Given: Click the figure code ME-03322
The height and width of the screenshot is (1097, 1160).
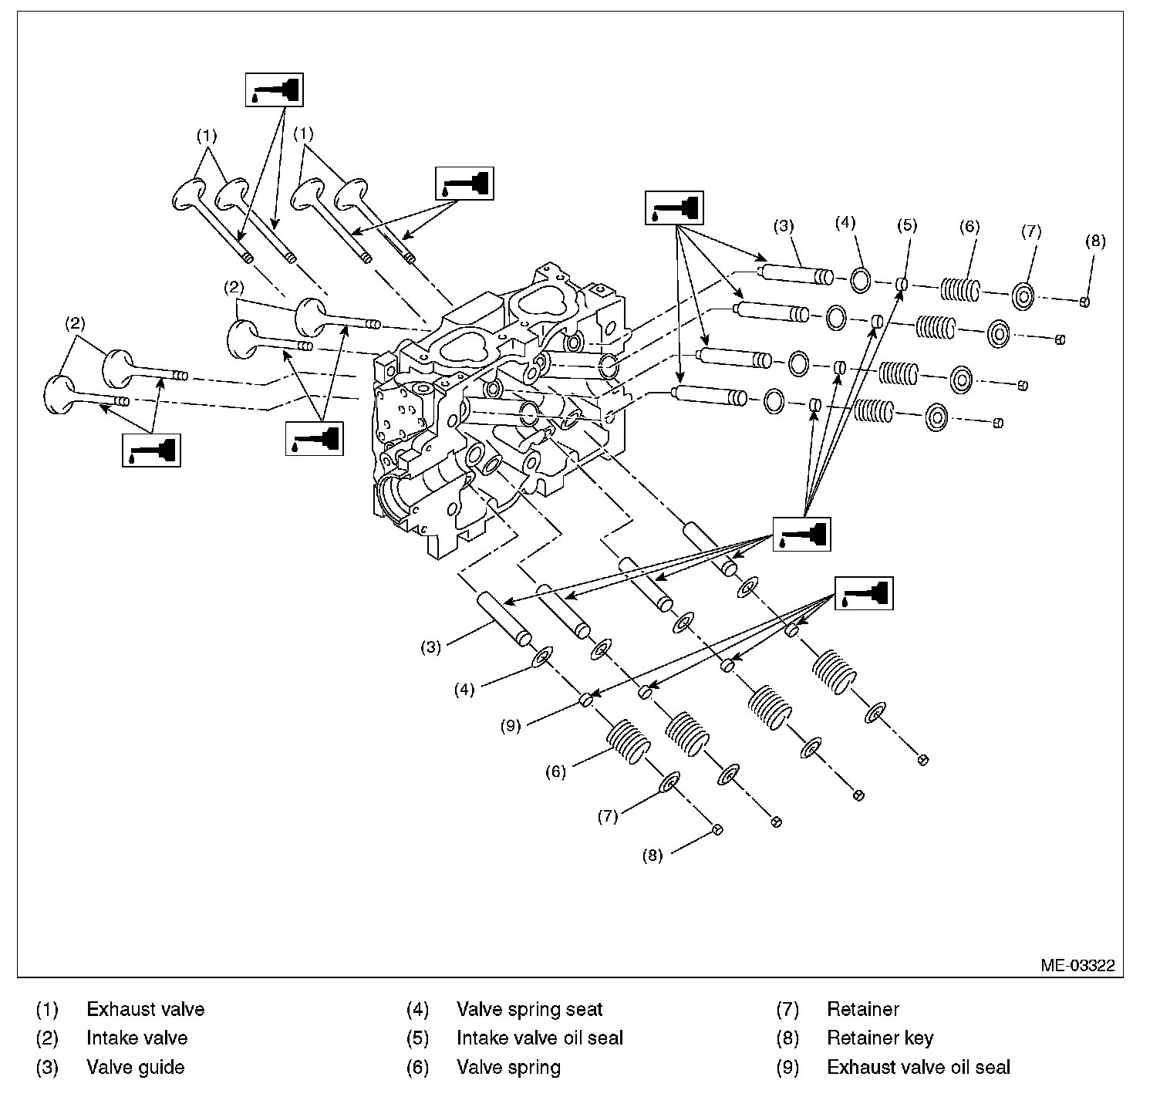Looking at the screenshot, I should [1077, 966].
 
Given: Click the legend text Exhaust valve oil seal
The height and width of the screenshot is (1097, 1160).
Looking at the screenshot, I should [918, 1068].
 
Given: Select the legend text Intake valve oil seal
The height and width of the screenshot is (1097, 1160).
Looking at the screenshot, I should [539, 1038].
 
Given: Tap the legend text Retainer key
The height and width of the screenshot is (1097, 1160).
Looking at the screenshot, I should [879, 1038].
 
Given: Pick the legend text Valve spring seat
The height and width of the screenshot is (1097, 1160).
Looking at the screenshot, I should [529, 1009].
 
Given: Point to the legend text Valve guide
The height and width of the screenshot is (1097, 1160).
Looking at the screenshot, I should [135, 1068].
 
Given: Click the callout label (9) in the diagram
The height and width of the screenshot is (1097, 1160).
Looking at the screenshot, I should [510, 725].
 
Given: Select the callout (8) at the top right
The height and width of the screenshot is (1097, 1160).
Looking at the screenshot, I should [1094, 241].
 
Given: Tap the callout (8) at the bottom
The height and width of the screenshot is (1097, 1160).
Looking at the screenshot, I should [652, 855].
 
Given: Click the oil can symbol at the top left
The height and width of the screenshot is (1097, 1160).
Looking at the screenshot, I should [274, 89].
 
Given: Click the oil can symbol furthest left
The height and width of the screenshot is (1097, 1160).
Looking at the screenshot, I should [151, 450].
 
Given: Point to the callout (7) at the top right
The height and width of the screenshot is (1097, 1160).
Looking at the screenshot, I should [1031, 231].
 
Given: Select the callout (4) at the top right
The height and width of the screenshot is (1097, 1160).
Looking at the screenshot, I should [845, 222].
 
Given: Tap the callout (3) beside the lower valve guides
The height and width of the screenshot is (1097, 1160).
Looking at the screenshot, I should [430, 647].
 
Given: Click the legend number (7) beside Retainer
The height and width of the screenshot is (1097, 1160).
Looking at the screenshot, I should [787, 1009].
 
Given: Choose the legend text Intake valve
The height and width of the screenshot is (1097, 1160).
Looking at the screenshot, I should [137, 1038].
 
